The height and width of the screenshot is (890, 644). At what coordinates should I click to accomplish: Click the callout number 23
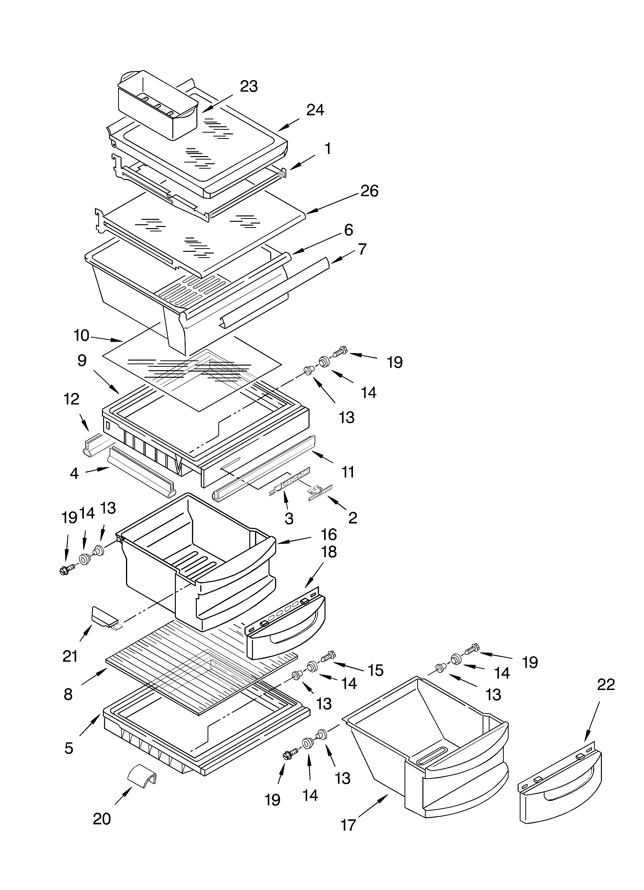coord(249,86)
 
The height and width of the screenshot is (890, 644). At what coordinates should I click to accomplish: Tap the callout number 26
coord(369,191)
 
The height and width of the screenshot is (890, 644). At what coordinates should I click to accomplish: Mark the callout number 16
coord(329,534)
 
